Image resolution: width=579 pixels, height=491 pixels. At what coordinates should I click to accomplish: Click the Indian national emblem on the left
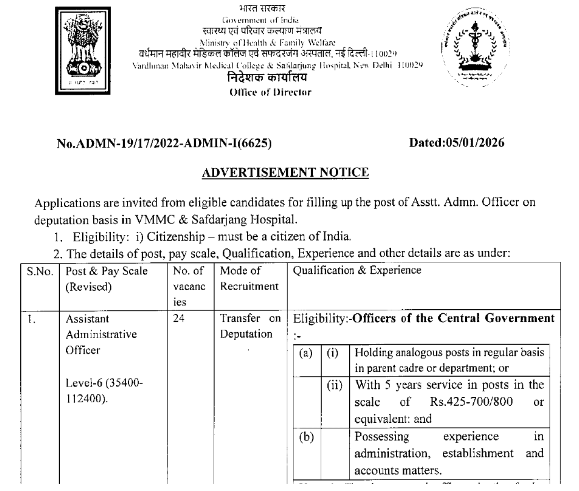click(x=83, y=51)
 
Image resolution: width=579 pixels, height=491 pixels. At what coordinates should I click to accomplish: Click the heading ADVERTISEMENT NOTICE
click(x=285, y=172)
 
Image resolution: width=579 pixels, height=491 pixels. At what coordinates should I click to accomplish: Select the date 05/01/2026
click(x=475, y=143)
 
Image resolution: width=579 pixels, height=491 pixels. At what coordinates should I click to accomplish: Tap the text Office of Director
click(x=270, y=92)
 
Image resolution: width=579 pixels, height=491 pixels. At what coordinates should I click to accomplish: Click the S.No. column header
click(x=40, y=271)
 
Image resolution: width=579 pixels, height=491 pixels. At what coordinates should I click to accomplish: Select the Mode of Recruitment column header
click(x=249, y=278)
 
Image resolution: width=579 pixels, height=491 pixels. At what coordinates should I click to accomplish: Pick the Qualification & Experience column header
click(x=357, y=270)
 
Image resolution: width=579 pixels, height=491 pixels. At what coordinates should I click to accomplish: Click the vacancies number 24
click(x=178, y=318)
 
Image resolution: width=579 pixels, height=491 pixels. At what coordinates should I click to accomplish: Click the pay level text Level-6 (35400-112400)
click(x=104, y=391)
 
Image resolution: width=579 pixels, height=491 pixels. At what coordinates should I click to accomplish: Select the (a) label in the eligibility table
click(x=306, y=352)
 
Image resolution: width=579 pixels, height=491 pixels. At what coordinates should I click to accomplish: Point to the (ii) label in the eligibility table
click(x=335, y=385)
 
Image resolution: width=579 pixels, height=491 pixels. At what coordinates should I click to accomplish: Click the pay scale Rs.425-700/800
click(x=471, y=402)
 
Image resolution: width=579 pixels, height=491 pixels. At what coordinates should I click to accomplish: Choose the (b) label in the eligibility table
click(x=306, y=437)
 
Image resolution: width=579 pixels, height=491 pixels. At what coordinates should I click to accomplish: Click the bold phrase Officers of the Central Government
click(x=453, y=318)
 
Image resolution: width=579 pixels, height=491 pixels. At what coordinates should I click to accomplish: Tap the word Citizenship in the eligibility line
click(x=176, y=237)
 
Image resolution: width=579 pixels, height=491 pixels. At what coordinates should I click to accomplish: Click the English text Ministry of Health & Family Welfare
click(x=267, y=42)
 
